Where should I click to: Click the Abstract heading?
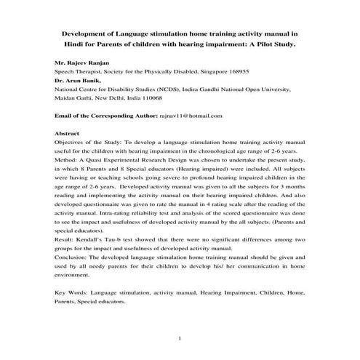[68, 134]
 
